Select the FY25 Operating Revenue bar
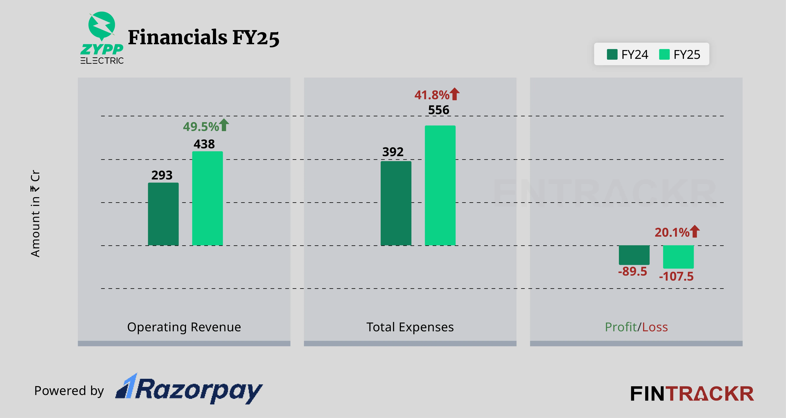click(207, 198)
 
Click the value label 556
click(439, 110)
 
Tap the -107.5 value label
click(676, 276)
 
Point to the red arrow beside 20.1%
click(695, 231)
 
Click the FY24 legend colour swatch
click(612, 54)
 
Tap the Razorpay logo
click(189, 389)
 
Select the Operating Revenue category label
click(184, 327)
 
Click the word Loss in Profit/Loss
click(655, 327)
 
